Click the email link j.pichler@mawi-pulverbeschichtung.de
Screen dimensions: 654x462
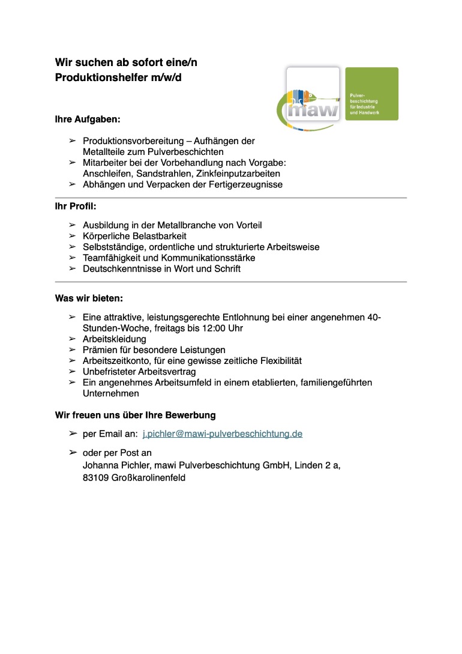pos(223,433)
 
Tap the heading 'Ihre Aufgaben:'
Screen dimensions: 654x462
pos(88,120)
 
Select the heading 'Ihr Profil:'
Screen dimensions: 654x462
pos(76,207)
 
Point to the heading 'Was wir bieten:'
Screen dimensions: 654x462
pos(89,298)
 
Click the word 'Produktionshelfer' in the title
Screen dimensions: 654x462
pos(101,77)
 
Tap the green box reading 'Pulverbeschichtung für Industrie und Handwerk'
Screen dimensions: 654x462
pos(371,94)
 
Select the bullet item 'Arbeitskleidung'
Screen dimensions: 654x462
pos(114,339)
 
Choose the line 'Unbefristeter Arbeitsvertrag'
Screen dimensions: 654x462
pos(139,372)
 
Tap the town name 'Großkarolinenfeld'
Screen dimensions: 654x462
pos(148,478)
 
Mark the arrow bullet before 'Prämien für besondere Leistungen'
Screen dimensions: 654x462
pos(72,350)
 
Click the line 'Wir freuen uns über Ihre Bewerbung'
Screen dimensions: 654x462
pos(136,415)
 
